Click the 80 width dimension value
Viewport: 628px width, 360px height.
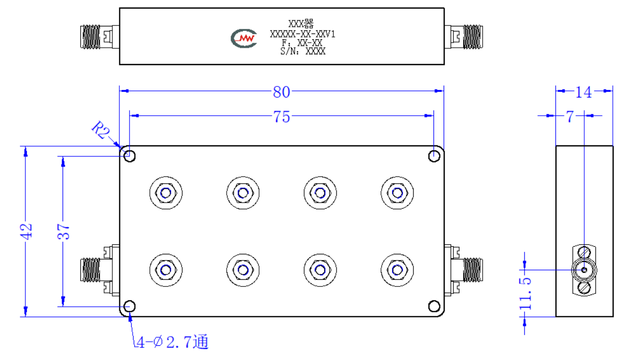pyautogui.click(x=281, y=92)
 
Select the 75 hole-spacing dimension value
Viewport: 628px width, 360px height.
pyautogui.click(x=281, y=117)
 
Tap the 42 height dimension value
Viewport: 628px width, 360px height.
pyautogui.click(x=26, y=232)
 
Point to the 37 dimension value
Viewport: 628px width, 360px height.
pyautogui.click(x=64, y=232)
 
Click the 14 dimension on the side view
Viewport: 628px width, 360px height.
pyautogui.click(x=583, y=92)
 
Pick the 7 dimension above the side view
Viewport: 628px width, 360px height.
pyautogui.click(x=570, y=117)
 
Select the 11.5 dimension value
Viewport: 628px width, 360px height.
pyautogui.click(x=525, y=293)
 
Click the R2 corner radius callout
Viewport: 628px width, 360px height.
pyautogui.click(x=101, y=129)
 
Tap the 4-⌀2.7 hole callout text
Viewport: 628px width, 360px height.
pyautogui.click(x=172, y=342)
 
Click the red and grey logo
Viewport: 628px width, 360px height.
pyautogui.click(x=244, y=39)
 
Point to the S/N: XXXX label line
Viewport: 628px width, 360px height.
pyautogui.click(x=303, y=51)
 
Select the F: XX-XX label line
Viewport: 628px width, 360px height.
pyautogui.click(x=302, y=43)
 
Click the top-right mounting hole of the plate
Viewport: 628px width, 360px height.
pyautogui.click(x=434, y=156)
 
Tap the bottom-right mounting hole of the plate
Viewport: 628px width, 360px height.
pyautogui.click(x=434, y=306)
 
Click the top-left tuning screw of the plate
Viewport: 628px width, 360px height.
pyautogui.click(x=166, y=193)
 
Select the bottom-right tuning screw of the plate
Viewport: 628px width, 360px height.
pyautogui.click(x=397, y=270)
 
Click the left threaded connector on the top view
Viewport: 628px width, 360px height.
pyautogui.click(x=90, y=37)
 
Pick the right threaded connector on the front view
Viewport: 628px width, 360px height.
pyautogui.click(x=473, y=270)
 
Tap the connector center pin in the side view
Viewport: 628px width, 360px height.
pyautogui.click(x=584, y=270)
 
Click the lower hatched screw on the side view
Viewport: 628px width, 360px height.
pyautogui.click(x=584, y=288)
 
